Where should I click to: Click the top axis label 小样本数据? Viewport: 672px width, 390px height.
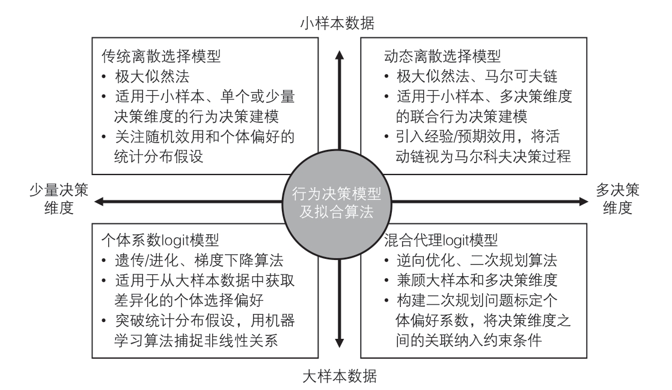337,23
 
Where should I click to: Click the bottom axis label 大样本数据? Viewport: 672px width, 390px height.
340,376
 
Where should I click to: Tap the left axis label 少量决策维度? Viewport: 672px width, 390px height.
59,199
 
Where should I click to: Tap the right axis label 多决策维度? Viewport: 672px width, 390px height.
617,199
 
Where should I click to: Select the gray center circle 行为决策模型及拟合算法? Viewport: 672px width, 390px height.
337,204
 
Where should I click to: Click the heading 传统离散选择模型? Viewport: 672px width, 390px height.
161,56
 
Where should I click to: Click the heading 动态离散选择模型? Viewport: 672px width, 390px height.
442,56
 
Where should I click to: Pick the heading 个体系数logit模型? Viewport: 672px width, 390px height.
160,240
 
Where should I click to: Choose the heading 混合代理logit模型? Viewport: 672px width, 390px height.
441,240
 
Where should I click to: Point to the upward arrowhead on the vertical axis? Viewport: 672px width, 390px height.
340,55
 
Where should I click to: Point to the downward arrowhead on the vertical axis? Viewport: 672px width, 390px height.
340,343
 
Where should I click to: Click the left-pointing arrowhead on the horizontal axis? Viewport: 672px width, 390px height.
99,202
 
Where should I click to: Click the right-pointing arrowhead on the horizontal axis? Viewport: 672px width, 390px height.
583,202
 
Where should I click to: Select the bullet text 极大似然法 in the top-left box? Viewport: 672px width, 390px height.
152,76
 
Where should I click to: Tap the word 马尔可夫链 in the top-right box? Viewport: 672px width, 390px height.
521,76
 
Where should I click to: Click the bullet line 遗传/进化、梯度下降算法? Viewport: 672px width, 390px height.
199,260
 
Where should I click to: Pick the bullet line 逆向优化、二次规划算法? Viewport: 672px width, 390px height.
477,260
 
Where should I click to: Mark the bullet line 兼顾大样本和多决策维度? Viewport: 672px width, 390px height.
477,280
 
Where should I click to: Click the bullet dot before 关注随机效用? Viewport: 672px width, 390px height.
104,137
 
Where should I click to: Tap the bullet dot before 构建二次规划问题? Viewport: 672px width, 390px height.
386,301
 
